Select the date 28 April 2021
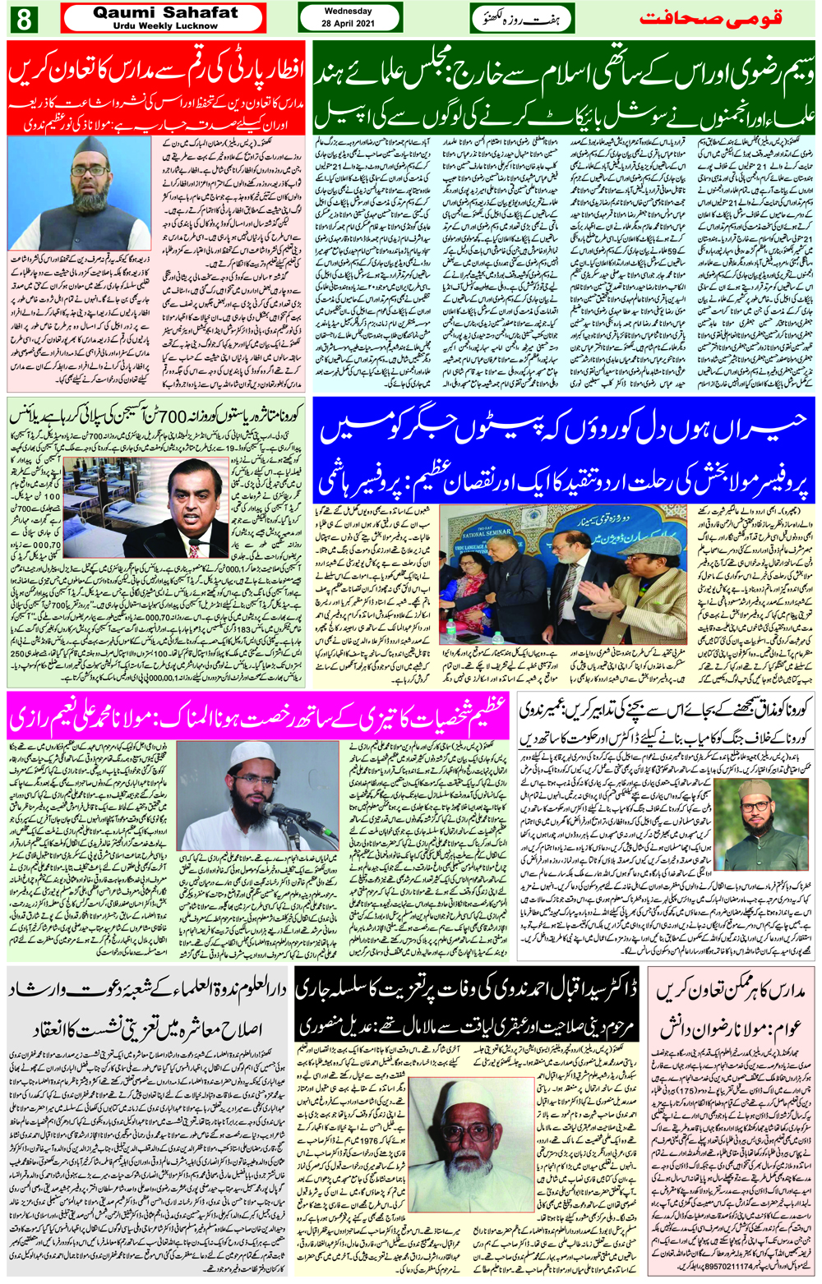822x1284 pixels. pos(348,24)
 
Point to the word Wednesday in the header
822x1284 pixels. pos(348,12)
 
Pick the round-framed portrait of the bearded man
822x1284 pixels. pos(755,809)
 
